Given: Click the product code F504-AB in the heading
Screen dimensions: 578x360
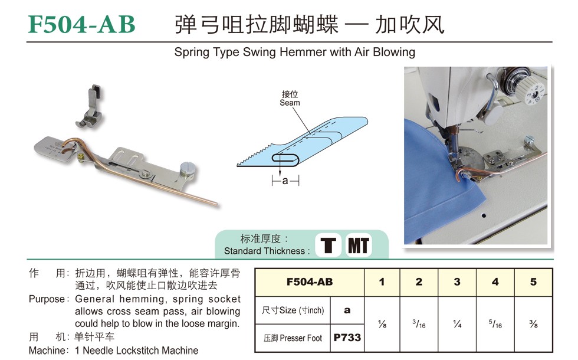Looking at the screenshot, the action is [82, 24].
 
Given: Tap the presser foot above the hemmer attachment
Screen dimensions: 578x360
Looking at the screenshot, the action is [90, 106].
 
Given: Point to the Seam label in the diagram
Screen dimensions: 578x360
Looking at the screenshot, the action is [290, 103].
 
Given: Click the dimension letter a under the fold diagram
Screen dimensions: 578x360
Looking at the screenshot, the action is [285, 181].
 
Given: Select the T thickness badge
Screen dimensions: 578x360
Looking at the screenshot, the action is [328, 245].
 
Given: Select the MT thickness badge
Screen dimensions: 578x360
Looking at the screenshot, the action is [359, 245].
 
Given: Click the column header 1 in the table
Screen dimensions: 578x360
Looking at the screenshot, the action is [382, 282].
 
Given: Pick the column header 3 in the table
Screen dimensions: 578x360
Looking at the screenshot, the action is [457, 282].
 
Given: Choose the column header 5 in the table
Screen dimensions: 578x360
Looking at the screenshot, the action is [533, 282].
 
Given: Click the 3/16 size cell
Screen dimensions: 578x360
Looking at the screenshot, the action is [419, 324].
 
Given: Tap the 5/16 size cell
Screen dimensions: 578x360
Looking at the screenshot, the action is [495, 324].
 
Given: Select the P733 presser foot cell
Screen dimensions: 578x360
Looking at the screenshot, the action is [347, 338].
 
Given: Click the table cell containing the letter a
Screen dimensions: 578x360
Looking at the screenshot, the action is [347, 310].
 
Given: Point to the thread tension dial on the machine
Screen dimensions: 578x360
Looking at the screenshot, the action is [532, 91].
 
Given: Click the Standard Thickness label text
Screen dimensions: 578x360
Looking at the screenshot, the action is [264, 251].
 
